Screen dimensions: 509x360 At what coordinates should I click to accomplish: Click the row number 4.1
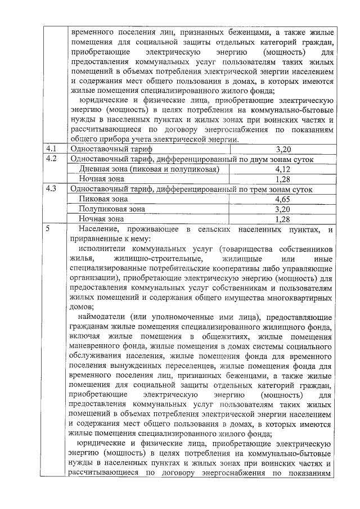[52, 149]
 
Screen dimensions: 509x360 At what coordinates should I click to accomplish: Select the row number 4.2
[52, 159]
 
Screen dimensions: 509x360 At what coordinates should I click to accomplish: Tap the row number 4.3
[52, 190]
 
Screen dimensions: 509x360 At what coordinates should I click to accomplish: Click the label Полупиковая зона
[112, 209]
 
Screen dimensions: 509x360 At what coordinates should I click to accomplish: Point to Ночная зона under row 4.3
[101, 219]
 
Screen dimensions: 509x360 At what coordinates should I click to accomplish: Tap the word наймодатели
[103, 318]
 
